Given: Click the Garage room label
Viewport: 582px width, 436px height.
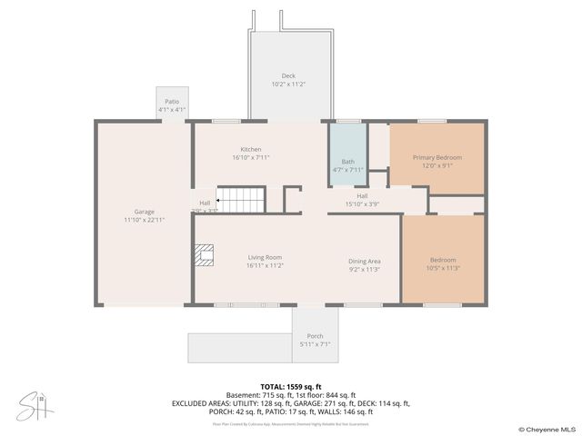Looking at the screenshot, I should [x=144, y=212].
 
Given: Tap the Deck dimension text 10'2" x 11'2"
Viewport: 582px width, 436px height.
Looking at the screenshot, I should [x=287, y=84].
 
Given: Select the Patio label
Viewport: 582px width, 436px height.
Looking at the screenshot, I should [x=172, y=102].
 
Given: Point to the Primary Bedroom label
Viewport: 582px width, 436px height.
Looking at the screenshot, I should [x=436, y=157].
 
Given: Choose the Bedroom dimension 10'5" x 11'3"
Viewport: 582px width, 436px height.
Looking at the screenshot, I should [x=443, y=268].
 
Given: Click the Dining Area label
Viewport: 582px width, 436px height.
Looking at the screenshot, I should [x=364, y=262].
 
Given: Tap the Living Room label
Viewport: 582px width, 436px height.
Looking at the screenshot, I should [x=265, y=257].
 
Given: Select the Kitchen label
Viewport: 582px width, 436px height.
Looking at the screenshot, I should [x=251, y=149].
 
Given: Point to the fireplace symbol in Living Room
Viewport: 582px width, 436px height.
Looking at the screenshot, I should [x=205, y=255].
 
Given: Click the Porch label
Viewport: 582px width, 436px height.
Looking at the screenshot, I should [x=315, y=336].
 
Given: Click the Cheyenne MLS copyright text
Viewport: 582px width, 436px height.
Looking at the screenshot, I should [x=547, y=429].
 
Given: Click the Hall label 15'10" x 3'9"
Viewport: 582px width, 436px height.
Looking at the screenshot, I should [x=362, y=196].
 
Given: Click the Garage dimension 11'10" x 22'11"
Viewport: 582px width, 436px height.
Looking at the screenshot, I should [x=144, y=220].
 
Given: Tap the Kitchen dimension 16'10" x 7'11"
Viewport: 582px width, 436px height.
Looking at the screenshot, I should [x=251, y=157].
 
